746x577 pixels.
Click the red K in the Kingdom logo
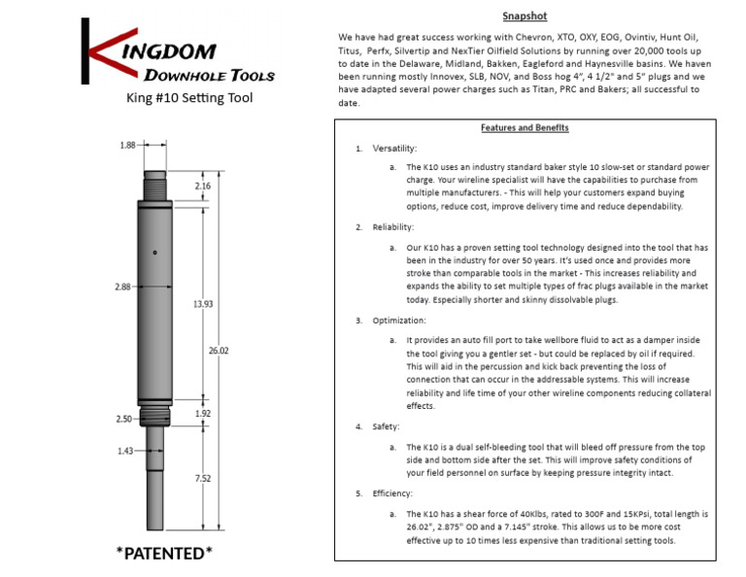98,52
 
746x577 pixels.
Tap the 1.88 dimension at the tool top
127,145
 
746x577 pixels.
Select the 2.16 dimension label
203,186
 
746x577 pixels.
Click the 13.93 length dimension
203,304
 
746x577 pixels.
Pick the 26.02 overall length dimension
219,350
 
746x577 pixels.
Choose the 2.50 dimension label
122,419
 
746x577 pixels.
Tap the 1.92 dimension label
203,413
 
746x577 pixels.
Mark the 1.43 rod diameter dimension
125,451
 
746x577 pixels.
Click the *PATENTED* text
164,554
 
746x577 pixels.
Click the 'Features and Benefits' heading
525,128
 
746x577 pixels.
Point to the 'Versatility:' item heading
394,149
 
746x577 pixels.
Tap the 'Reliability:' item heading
392,227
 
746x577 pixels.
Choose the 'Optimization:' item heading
398,321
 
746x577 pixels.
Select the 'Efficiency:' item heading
393,493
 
